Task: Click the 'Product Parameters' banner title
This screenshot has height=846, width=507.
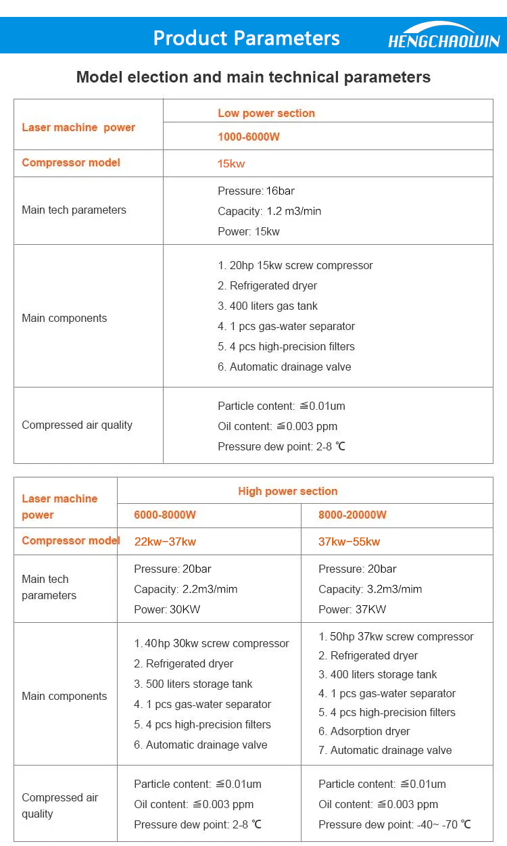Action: click(x=246, y=38)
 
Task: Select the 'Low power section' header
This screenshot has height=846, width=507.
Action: click(x=266, y=113)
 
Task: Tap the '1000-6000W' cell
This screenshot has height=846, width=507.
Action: click(x=249, y=137)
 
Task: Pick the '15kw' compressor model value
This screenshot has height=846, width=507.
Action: click(x=231, y=164)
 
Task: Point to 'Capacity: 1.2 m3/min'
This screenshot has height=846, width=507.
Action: click(x=269, y=211)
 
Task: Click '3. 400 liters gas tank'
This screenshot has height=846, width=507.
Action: click(x=268, y=306)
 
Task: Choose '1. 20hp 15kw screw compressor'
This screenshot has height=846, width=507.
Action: click(x=295, y=265)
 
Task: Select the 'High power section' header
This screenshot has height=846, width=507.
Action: click(x=287, y=491)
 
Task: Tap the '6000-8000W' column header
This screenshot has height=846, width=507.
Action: click(x=165, y=515)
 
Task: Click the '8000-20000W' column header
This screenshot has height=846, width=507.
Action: click(x=352, y=515)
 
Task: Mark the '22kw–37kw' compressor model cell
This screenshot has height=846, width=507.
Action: click(x=165, y=542)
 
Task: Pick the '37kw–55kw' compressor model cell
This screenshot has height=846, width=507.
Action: click(x=349, y=542)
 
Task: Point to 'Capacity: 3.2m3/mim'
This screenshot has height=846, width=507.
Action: click(x=370, y=589)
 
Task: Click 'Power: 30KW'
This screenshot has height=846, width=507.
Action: click(x=167, y=609)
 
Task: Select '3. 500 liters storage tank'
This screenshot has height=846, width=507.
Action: click(x=193, y=684)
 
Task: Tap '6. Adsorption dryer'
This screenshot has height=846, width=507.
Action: click(x=364, y=731)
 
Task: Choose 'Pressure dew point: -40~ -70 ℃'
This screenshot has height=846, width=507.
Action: click(x=395, y=824)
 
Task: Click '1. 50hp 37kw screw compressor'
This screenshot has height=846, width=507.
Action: click(x=395, y=636)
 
